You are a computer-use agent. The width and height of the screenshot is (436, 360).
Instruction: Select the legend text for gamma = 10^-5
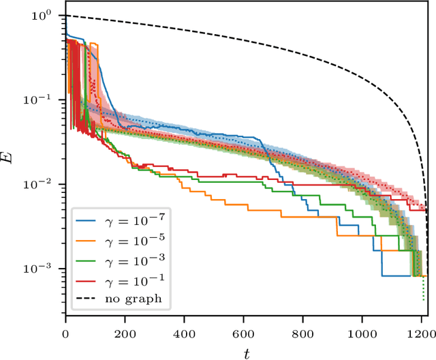click(x=132, y=242)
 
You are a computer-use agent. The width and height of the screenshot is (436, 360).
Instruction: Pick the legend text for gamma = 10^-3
click(x=132, y=261)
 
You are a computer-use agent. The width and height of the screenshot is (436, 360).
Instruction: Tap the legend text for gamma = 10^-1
click(x=132, y=280)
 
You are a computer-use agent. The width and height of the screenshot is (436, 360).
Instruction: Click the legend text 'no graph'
click(x=129, y=299)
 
